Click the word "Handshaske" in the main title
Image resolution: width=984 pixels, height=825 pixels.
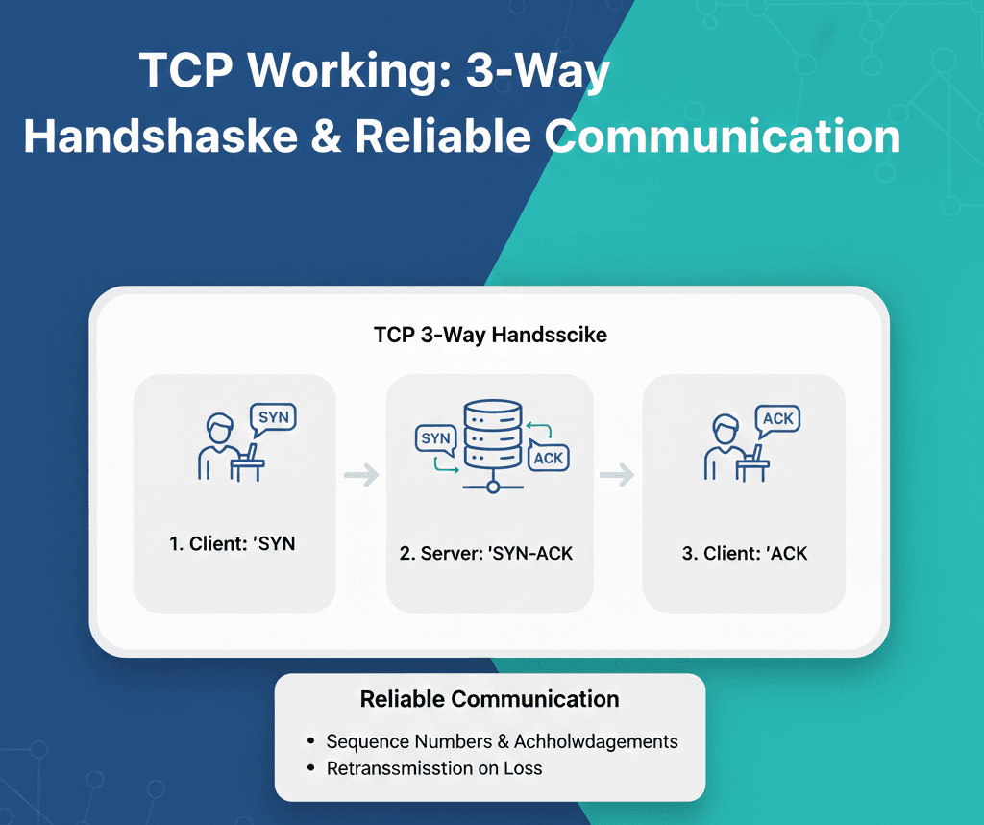point(161,137)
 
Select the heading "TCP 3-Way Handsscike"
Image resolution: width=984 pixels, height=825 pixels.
point(490,336)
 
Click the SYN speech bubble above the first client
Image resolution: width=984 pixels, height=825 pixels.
point(272,417)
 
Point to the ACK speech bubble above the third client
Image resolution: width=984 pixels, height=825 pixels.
point(777,418)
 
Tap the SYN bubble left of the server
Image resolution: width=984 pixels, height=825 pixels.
point(435,438)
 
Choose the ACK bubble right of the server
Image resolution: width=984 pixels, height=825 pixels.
point(548,457)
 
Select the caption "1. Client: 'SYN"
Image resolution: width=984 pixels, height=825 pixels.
point(233,543)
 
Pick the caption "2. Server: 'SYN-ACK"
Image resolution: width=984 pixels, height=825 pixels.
point(486,553)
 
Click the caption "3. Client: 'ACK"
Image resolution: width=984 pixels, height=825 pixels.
point(745,553)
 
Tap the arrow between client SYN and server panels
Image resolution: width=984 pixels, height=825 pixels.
point(361,474)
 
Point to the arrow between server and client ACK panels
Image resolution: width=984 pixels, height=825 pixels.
point(617,474)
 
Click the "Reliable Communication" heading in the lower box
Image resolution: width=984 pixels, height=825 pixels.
point(490,699)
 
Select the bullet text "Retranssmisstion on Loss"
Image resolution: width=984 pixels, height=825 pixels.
point(434,768)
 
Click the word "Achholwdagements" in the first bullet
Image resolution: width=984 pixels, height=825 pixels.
point(596,741)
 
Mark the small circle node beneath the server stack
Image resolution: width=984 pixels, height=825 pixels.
point(493,487)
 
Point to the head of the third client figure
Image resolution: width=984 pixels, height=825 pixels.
point(726,427)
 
